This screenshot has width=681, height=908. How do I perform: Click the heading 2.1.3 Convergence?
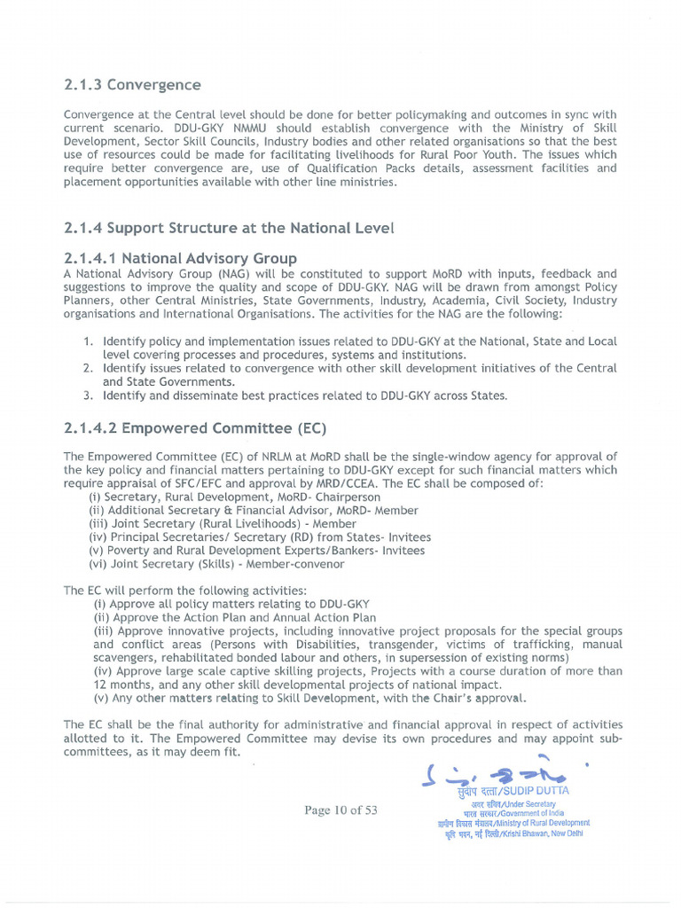[x=132, y=85]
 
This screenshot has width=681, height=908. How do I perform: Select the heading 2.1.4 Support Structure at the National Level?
[x=229, y=228]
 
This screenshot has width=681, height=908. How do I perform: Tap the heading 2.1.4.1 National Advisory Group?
[x=180, y=258]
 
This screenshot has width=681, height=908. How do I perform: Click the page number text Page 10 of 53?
[x=340, y=810]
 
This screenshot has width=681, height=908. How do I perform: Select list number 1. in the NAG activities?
[x=89, y=341]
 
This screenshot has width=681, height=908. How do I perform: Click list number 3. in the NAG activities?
[x=89, y=395]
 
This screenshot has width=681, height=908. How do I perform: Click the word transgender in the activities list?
[x=417, y=645]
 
